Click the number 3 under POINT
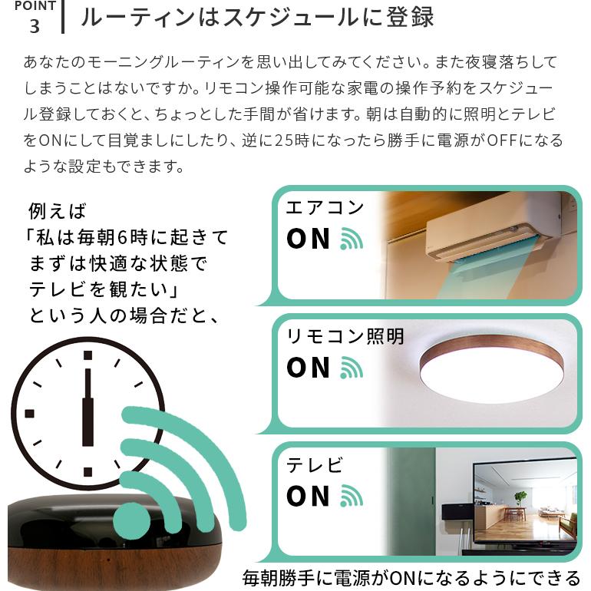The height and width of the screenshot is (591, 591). (34, 26)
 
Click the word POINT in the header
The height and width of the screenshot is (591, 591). (35, 6)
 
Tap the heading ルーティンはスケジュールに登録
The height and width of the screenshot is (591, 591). (257, 17)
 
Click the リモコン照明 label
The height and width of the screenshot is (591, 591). (345, 336)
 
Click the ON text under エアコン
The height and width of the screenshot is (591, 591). (308, 239)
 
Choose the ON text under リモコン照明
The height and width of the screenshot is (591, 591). (308, 368)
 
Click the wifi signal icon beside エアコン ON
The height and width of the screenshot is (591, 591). (352, 239)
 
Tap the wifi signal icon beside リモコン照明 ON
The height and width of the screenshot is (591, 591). (352, 368)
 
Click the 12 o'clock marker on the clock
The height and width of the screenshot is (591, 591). (87, 355)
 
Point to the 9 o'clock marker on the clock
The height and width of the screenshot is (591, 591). (29, 414)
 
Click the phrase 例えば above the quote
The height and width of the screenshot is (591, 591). (58, 210)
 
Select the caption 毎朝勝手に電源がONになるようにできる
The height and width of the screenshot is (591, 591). (411, 577)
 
